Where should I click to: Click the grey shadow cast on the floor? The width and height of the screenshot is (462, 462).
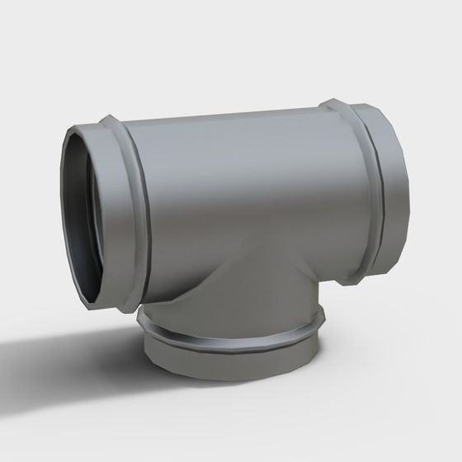[66, 346]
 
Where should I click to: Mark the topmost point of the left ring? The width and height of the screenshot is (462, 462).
[107, 117]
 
